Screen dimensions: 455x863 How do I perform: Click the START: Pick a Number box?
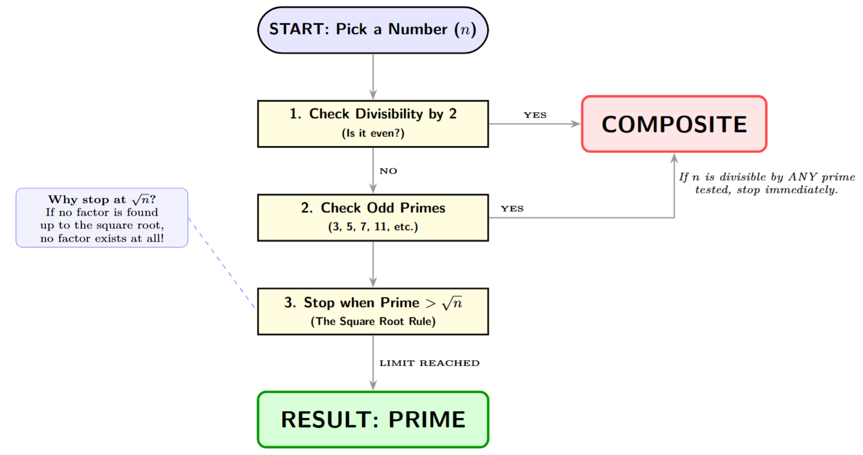click(373, 30)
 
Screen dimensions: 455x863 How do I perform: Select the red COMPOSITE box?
click(674, 124)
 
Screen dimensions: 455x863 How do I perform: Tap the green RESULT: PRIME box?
click(373, 420)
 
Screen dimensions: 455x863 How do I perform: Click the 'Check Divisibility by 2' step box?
click(373, 124)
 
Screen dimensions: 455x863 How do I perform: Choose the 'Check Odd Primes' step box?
click(373, 217)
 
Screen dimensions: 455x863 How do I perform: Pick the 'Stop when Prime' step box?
click(373, 311)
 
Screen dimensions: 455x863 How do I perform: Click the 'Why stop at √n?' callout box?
click(102, 218)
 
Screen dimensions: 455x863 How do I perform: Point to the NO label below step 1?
click(388, 171)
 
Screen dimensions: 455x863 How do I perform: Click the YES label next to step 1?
click(535, 115)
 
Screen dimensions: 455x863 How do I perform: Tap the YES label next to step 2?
click(512, 209)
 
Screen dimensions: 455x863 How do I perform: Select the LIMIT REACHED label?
click(429, 363)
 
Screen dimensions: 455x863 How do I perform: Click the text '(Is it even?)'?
click(373, 134)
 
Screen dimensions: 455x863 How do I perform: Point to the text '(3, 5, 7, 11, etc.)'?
click(373, 227)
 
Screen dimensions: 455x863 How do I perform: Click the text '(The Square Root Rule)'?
click(373, 321)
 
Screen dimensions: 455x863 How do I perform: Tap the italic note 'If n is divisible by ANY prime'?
click(767, 177)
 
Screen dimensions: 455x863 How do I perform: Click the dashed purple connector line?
click(221, 263)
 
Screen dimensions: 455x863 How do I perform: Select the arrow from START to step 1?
click(373, 76)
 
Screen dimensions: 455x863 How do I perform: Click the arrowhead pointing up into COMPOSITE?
click(674, 159)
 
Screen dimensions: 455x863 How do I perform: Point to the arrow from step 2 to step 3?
click(373, 264)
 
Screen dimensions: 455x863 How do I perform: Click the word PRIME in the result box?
click(426, 420)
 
